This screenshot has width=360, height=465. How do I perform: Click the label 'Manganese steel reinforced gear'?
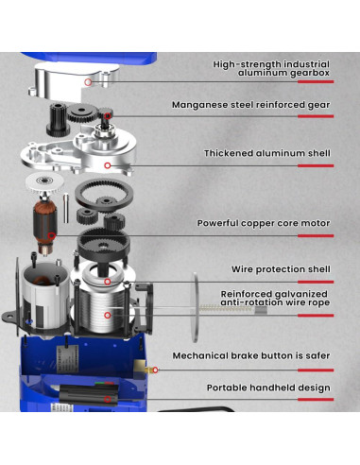[x=251, y=105]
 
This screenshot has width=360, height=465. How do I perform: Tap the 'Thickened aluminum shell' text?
[x=267, y=153]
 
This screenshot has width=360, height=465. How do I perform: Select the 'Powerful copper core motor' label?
[x=264, y=223]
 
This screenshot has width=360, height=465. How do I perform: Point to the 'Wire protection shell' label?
[x=281, y=269]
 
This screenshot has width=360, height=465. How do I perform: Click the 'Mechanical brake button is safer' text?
[x=251, y=355]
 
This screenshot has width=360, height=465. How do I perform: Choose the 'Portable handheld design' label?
[x=268, y=387]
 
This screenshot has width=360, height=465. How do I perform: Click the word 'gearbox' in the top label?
[x=310, y=73]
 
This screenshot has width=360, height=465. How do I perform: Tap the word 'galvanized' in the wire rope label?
[x=301, y=294]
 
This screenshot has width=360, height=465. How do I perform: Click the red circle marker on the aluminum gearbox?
[x=88, y=82]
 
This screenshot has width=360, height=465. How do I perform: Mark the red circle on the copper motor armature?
[x=52, y=235]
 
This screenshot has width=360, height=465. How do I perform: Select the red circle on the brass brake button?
[x=155, y=370]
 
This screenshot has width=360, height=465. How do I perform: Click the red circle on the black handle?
[x=108, y=400]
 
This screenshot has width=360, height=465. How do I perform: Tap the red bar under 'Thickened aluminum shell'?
[x=316, y=165]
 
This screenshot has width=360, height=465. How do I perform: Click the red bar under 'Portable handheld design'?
[x=316, y=400]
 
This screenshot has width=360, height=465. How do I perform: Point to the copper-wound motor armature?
[x=45, y=224]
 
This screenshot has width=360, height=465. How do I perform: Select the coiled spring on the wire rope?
[x=224, y=308]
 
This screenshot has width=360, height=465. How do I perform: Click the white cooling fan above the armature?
[x=44, y=182]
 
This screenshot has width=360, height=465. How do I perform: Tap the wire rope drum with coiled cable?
[x=101, y=312]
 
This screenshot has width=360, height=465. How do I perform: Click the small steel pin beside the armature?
[x=66, y=208]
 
